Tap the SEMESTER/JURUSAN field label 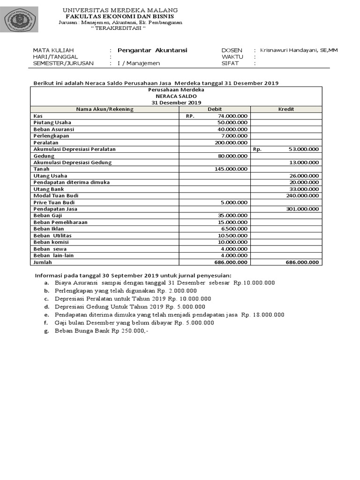63,63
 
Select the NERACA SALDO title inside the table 176,96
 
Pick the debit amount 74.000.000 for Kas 233,116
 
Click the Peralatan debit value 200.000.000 231,142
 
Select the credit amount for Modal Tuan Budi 302,195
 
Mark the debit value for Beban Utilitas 233,235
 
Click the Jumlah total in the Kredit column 302,262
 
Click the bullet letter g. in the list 46,331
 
